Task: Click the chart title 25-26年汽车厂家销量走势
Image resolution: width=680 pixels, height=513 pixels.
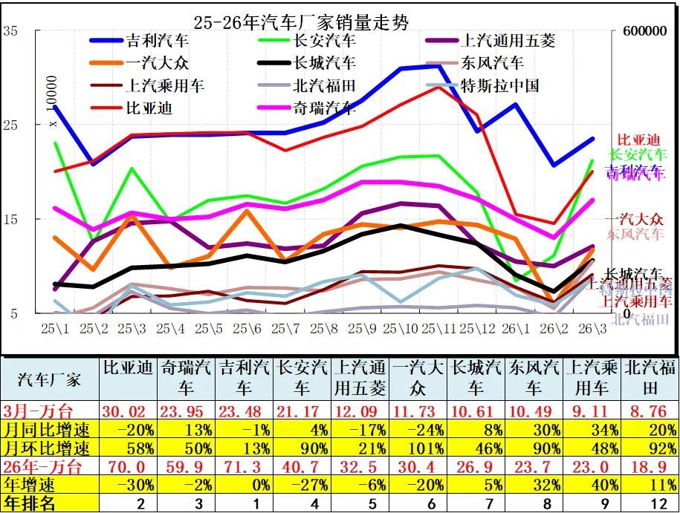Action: click(300, 22)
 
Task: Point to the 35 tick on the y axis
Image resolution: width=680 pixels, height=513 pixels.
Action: click(10, 31)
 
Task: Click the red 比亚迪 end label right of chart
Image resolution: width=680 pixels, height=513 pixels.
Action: click(638, 140)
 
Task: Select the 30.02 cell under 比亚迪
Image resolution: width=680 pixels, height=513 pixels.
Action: click(129, 411)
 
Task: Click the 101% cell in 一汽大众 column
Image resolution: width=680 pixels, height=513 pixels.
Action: click(420, 448)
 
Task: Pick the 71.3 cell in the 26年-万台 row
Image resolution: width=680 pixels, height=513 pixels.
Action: click(245, 467)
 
